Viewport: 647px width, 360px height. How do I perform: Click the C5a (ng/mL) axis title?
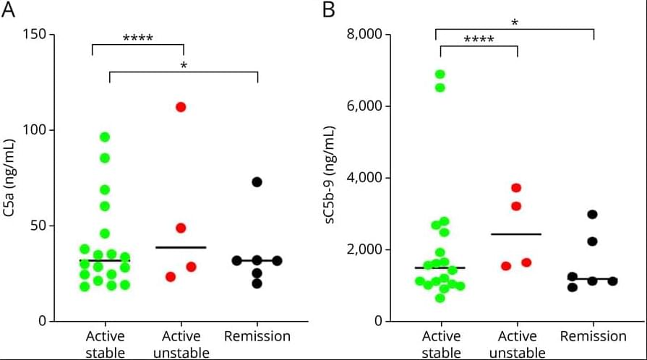tap(10, 178)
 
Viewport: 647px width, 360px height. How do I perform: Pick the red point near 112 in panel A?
tap(181, 107)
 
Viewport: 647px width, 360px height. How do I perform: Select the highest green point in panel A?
tap(105, 137)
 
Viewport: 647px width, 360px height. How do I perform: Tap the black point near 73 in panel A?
tap(257, 181)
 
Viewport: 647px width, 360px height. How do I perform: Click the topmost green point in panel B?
tap(440, 74)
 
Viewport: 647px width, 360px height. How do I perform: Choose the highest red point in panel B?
tap(516, 187)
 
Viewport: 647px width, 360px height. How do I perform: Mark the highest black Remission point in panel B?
tap(592, 214)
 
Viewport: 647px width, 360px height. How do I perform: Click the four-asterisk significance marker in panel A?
tap(137, 38)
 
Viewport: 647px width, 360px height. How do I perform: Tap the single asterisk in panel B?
tap(514, 23)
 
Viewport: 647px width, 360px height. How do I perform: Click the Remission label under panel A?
tap(257, 336)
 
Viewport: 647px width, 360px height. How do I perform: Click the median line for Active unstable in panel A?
tap(181, 247)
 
